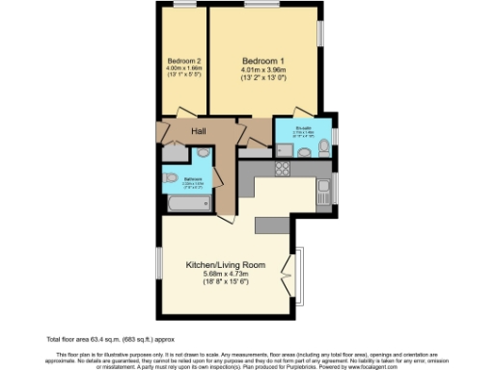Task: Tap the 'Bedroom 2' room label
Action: (x=183, y=60)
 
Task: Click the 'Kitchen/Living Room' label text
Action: (x=226, y=263)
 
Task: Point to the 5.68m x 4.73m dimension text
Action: (x=226, y=274)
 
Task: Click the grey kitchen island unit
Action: (x=272, y=224)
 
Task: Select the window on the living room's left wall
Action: (x=160, y=262)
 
